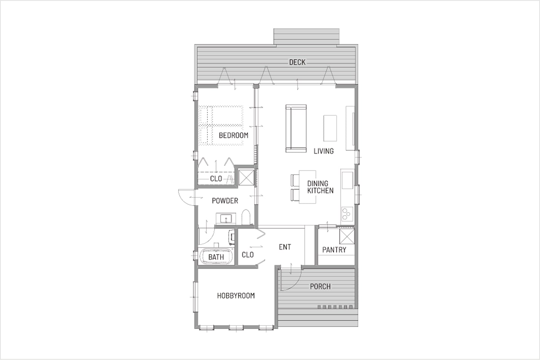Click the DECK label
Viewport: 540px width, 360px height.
pyautogui.click(x=297, y=62)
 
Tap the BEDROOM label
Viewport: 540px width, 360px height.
pyautogui.click(x=233, y=135)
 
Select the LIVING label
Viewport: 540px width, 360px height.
pyautogui.click(x=324, y=151)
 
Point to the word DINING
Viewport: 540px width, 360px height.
pyautogui.click(x=318, y=183)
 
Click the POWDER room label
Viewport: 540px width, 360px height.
pyautogui.click(x=225, y=201)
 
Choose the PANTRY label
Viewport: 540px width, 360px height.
pyautogui.click(x=334, y=250)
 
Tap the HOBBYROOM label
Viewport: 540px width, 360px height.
pyautogui.click(x=236, y=296)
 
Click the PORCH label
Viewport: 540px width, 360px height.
pyautogui.click(x=320, y=286)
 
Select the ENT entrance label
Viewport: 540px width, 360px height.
pyautogui.click(x=285, y=247)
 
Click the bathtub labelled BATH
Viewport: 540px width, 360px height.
pyautogui.click(x=216, y=257)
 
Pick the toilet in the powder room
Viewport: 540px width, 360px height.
pyautogui.click(x=246, y=217)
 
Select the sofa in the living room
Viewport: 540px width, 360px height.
pyautogui.click(x=296, y=129)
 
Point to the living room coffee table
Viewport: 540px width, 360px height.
pyautogui.click(x=330, y=128)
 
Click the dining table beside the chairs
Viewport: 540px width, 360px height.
pyautogui.click(x=307, y=187)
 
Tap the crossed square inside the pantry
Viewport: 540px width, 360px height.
pyautogui.click(x=347, y=237)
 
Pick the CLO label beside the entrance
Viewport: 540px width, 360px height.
pyautogui.click(x=248, y=255)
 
